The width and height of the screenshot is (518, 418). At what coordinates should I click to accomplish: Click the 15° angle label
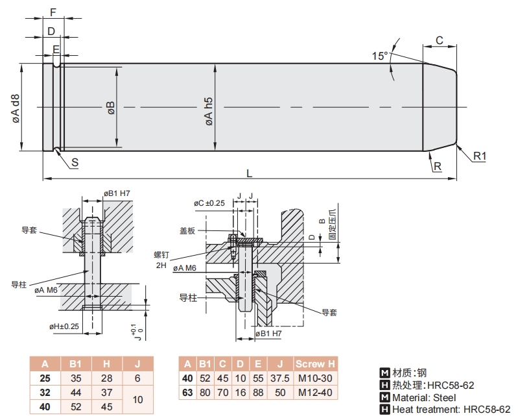point(381,56)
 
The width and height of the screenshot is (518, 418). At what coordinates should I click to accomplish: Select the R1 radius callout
point(479,156)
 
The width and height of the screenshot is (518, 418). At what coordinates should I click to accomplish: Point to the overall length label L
point(250,173)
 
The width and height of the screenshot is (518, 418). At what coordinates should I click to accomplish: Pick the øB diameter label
point(111,108)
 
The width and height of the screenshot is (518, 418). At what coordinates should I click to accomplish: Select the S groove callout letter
point(75,163)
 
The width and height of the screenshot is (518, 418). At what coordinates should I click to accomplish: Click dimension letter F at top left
point(53,12)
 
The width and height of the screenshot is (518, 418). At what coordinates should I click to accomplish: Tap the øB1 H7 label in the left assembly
point(117,193)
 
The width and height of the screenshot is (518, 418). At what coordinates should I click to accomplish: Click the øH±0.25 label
point(64,326)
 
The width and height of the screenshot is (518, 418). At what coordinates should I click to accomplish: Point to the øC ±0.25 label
point(209,203)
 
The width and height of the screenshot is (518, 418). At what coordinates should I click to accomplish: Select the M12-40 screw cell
point(317,392)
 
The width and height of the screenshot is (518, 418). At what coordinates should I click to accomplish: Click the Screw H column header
point(317,364)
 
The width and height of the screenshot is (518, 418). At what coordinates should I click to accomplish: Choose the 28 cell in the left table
point(106,378)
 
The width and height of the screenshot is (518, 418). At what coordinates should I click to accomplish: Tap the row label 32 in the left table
point(44,393)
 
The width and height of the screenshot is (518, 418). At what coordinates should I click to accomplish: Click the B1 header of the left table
point(75,364)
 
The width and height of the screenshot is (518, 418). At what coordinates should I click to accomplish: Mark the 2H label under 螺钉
point(161,265)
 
